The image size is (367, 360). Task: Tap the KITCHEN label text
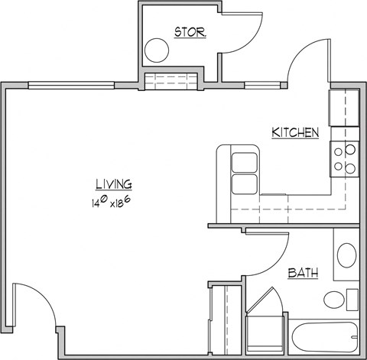point(294,133)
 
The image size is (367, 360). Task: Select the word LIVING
point(113,183)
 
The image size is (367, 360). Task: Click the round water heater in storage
point(158,51)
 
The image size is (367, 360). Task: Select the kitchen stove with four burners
point(343,158)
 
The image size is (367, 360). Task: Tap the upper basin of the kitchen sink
point(243,162)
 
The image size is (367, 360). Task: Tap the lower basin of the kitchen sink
point(243,184)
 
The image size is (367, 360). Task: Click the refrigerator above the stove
point(342,107)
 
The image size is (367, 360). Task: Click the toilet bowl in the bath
point(334,299)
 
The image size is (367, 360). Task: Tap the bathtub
point(326,333)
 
